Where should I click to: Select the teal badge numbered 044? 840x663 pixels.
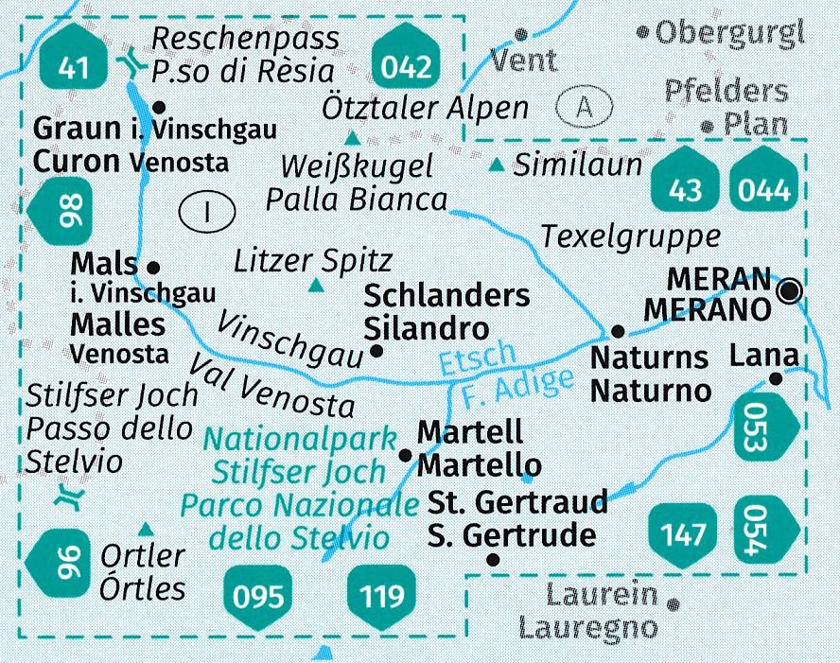click(764, 190)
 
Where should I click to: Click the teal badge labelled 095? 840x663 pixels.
click(258, 596)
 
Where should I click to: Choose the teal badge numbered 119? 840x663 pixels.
click(381, 596)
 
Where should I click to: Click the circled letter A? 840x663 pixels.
click(585, 108)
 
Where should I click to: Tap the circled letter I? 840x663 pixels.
click(206, 212)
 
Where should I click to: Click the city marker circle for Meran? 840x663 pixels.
click(790, 291)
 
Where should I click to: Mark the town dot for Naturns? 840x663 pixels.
click(617, 331)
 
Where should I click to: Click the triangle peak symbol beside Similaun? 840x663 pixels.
click(497, 167)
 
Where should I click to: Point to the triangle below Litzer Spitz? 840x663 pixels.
click(316, 285)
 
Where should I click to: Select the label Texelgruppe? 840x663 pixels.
click(631, 236)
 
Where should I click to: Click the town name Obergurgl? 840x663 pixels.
click(728, 34)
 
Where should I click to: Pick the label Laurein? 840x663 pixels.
click(602, 595)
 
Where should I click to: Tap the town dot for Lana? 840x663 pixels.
click(776, 378)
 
